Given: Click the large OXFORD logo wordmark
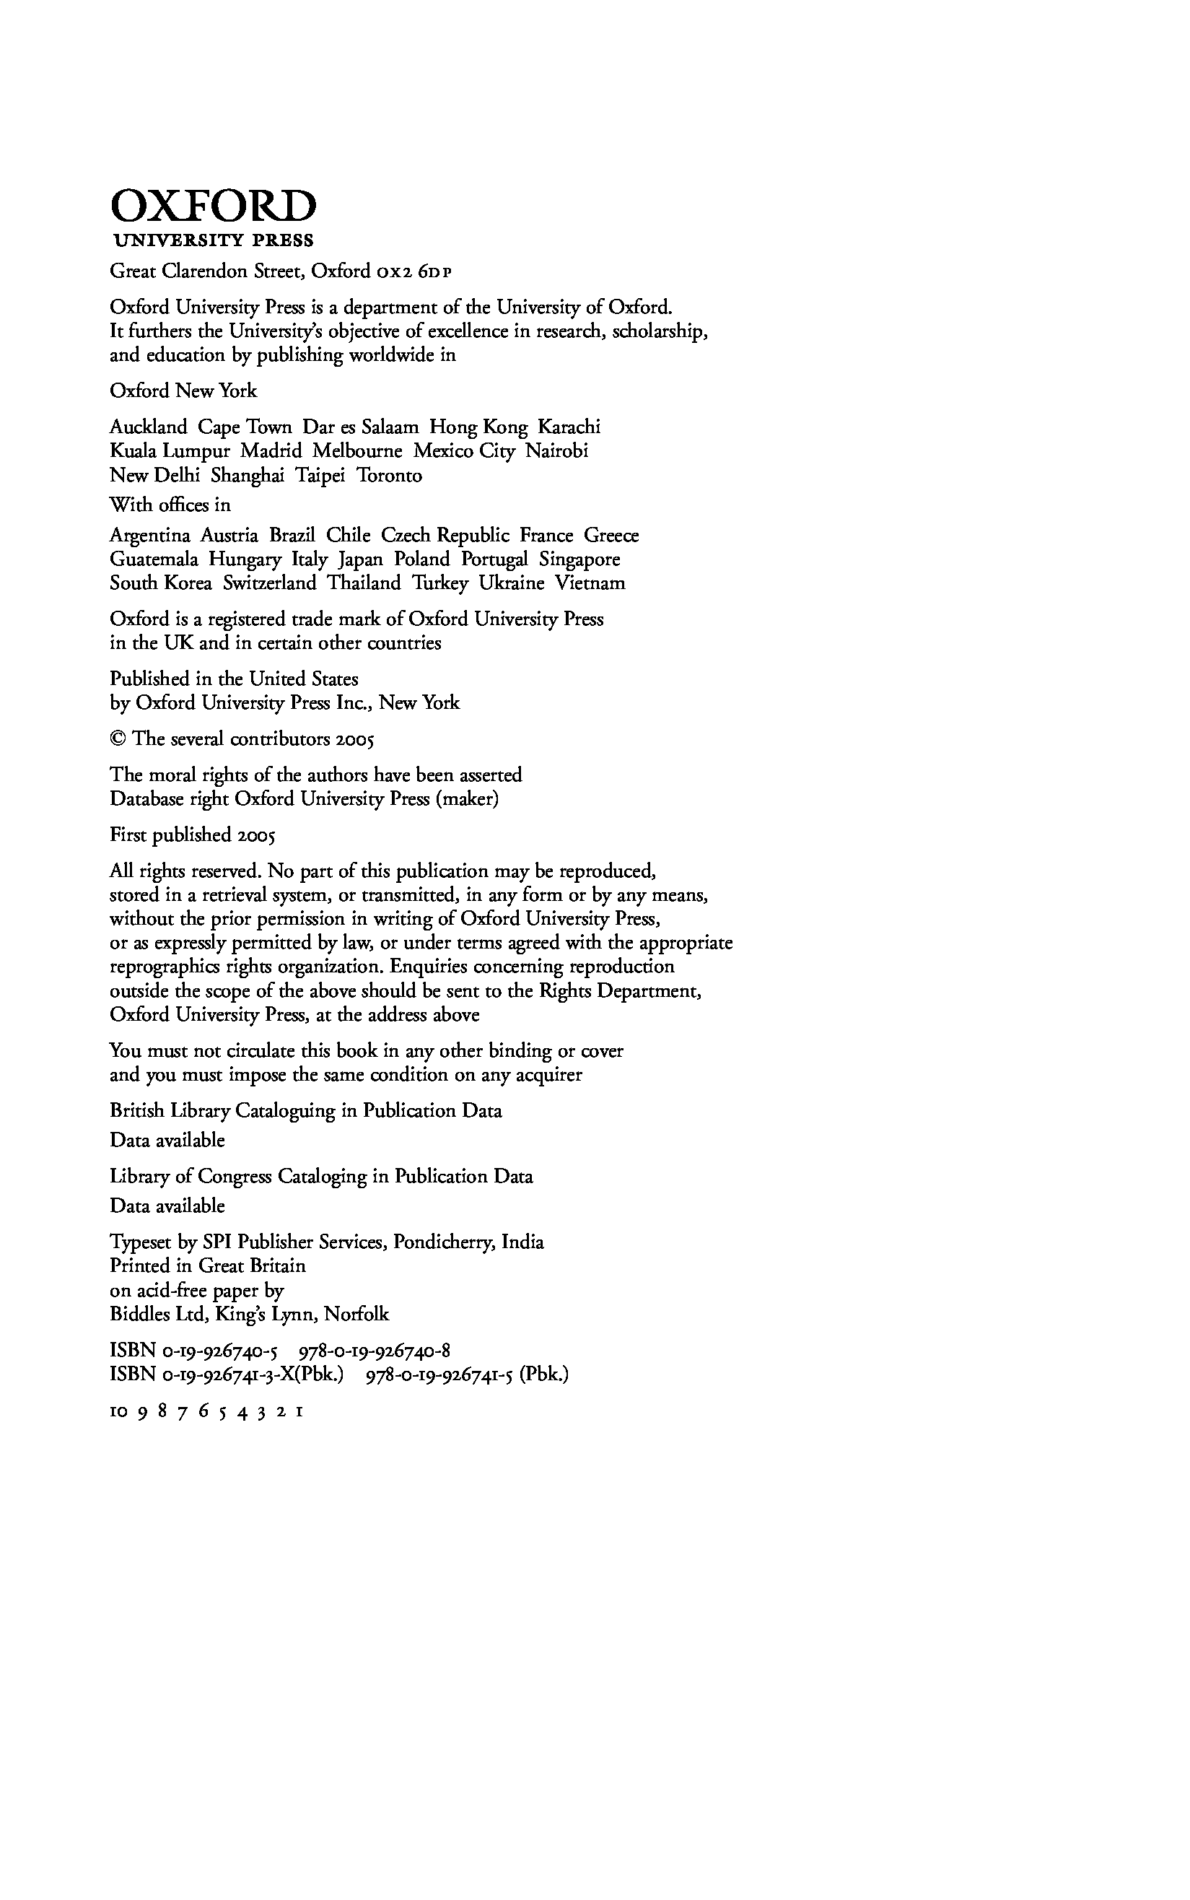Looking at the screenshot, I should tap(214, 206).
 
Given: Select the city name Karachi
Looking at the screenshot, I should tap(569, 427).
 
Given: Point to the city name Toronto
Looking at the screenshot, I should tap(390, 476).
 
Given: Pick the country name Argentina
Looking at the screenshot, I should tap(150, 536).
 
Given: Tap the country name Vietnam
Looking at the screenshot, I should tap(590, 583).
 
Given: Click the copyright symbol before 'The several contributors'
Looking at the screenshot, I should tap(118, 739).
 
